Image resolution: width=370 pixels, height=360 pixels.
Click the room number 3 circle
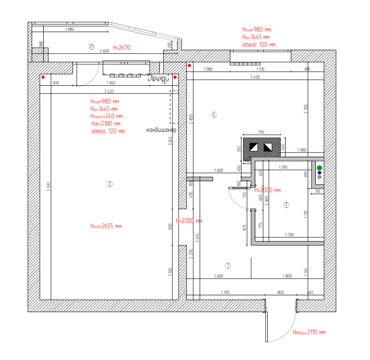[x=110, y=184]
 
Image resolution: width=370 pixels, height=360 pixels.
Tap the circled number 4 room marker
[x=214, y=115]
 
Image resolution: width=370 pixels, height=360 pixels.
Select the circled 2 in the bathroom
[x=286, y=205]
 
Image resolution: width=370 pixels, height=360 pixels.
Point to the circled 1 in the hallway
[x=228, y=265]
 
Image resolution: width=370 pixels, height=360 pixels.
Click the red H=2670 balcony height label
[x=121, y=47]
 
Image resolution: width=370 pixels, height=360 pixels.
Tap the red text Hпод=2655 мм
[x=106, y=226]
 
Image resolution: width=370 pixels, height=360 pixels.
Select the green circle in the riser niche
[x=319, y=168]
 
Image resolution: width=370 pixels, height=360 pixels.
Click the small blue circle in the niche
[x=319, y=173]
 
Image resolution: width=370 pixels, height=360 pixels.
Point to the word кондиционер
[x=162, y=130]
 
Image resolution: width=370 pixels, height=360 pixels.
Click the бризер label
[x=158, y=78]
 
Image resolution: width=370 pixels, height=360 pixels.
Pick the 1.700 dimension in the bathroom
[x=289, y=235]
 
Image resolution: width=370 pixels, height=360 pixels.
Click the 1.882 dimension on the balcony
[x=69, y=30]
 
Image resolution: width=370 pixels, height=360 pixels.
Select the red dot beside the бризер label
[x=175, y=77]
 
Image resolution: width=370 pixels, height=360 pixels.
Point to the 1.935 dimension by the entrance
[x=225, y=292]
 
